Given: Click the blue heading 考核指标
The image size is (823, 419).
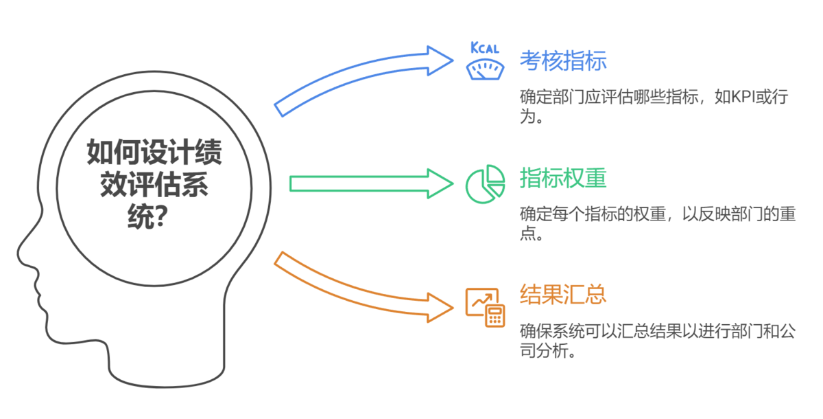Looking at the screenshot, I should (x=563, y=60).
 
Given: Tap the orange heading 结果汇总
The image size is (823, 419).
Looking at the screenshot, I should (x=563, y=295).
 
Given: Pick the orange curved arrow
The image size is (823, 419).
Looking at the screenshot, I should (x=357, y=288).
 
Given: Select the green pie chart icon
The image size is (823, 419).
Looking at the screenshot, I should (x=485, y=183).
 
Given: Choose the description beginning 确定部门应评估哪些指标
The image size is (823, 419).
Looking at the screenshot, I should (x=657, y=106).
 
